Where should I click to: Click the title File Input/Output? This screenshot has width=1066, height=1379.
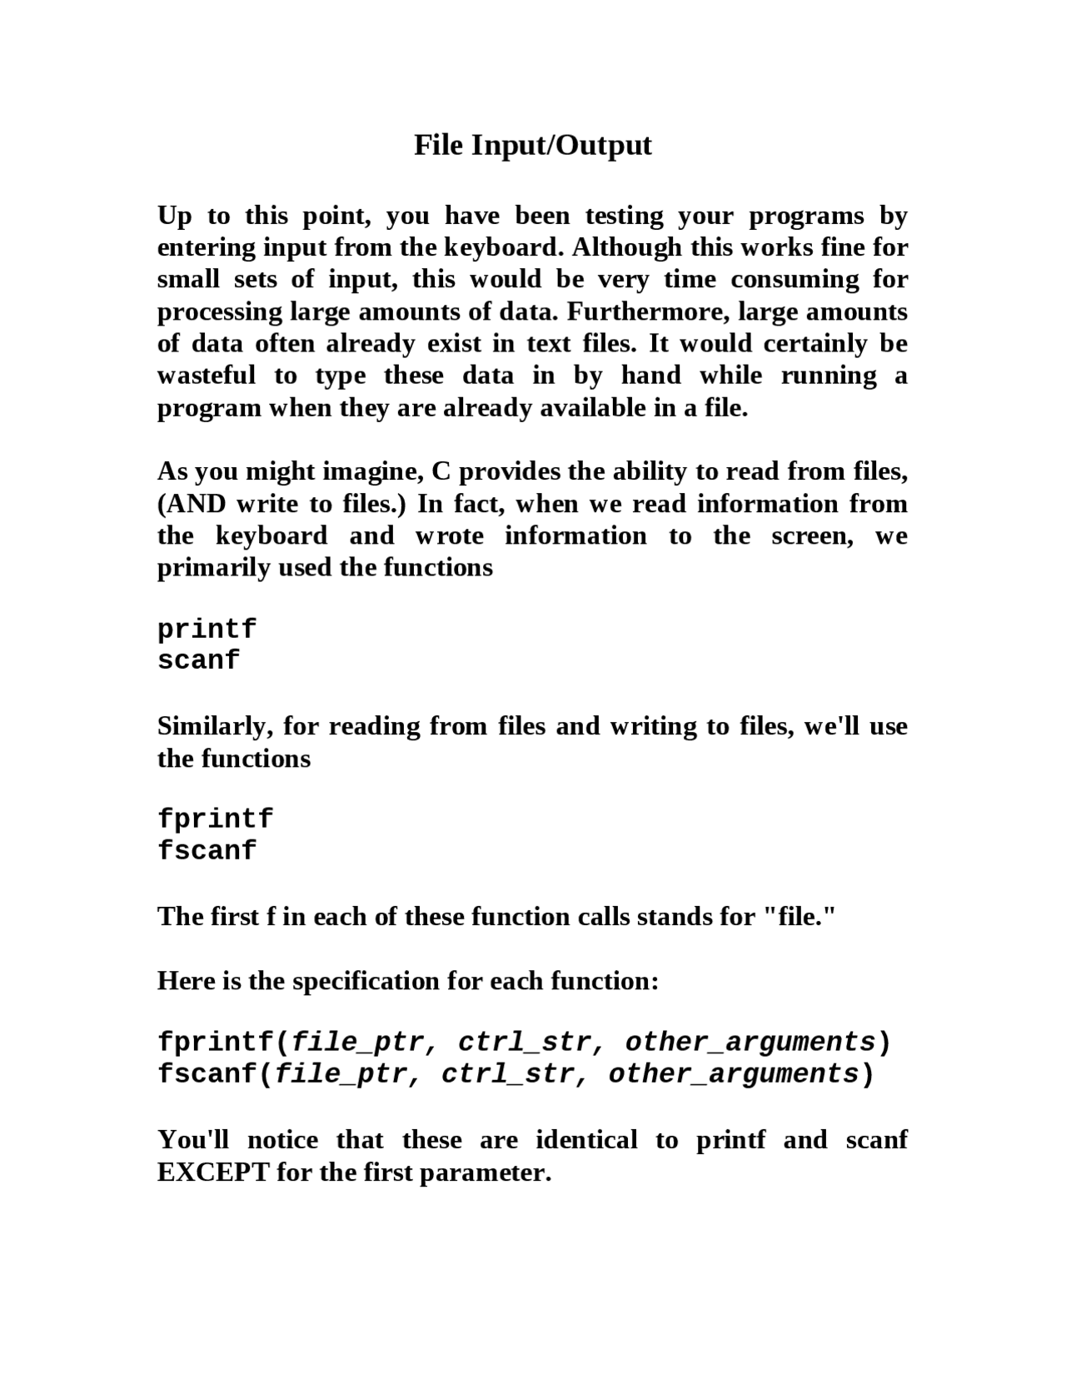tap(533, 145)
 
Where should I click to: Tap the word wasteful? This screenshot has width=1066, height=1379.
tap(207, 376)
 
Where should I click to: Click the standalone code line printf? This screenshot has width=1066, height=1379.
tap(207, 629)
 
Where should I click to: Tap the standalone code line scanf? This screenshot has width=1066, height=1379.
tap(198, 660)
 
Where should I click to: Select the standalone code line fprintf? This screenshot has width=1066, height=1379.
tap(215, 819)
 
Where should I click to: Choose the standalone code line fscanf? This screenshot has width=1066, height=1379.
tap(207, 851)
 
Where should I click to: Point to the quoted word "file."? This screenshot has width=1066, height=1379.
tap(799, 916)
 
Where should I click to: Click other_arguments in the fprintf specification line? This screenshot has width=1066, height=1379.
tap(750, 1043)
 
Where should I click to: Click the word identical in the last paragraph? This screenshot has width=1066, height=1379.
tap(586, 1139)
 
